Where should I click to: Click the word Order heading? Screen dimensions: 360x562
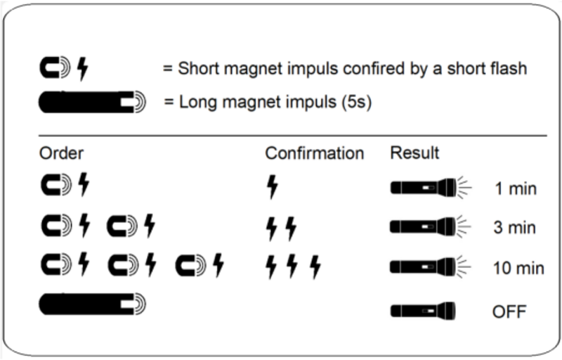pos(61,153)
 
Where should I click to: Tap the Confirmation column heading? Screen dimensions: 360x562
pos(314,153)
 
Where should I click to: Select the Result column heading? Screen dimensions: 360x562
pos(414,153)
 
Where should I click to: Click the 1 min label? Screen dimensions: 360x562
pos(515,189)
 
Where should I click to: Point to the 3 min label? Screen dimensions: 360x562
pos(515,229)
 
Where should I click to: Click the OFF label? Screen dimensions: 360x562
pos(509,310)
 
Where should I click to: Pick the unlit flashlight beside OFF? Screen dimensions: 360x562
pos(423,309)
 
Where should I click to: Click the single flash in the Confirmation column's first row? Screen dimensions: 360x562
pos(273,188)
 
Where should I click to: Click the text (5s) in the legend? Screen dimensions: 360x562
pos(355,103)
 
